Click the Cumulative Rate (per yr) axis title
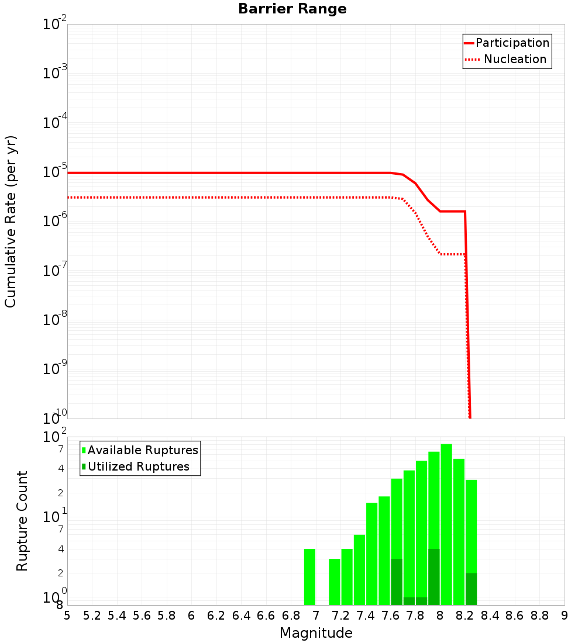(x=11, y=222)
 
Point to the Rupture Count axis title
(x=22, y=521)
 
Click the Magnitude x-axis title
(x=316, y=633)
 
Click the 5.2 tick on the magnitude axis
(x=92, y=616)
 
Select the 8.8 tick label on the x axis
(x=539, y=616)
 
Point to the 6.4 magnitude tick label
(x=241, y=616)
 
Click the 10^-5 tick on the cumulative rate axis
(x=54, y=172)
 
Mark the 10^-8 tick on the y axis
(x=54, y=320)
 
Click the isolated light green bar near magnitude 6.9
(x=309, y=577)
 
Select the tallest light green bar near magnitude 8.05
(x=446, y=524)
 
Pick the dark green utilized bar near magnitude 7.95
(x=433, y=577)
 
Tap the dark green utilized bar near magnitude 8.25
(x=471, y=589)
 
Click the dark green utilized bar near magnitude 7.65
(x=397, y=582)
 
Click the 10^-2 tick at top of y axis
(x=54, y=25)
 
